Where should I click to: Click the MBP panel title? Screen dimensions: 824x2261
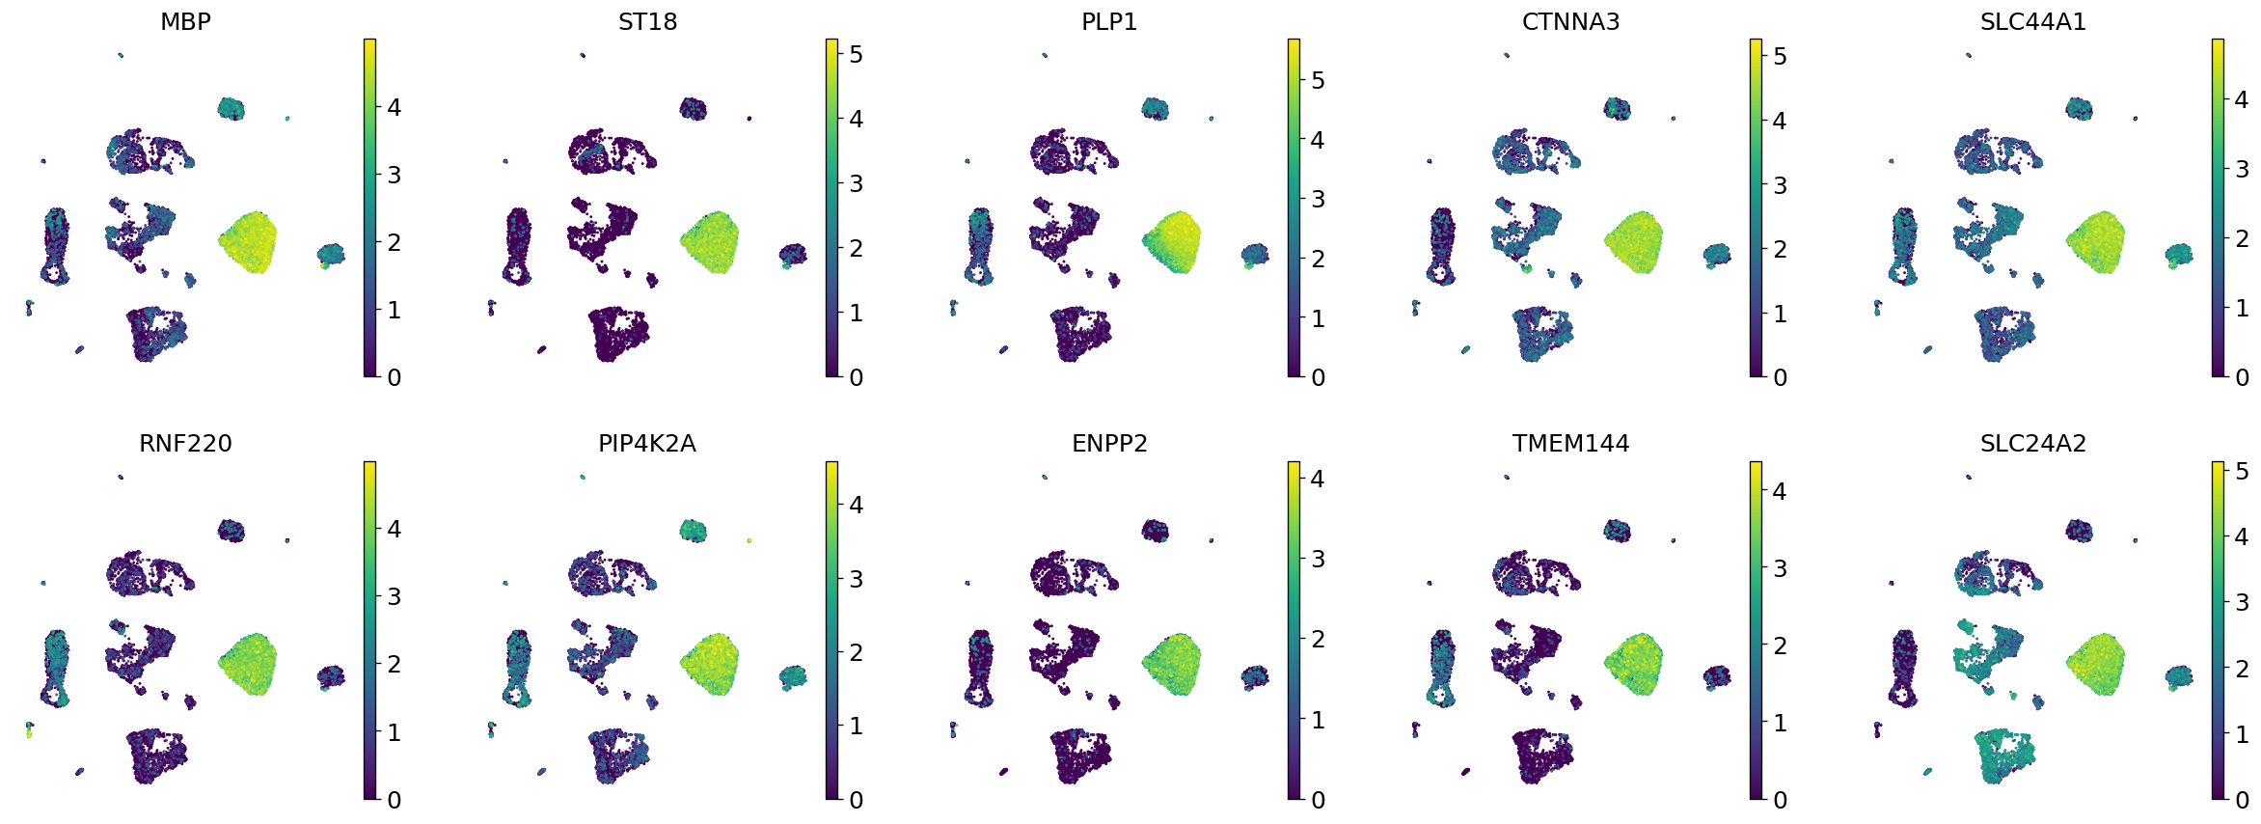click(x=185, y=21)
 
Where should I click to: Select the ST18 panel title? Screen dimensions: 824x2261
click(x=647, y=21)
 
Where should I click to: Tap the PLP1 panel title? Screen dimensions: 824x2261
click(x=1109, y=21)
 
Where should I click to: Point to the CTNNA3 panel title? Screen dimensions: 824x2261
click(x=1570, y=21)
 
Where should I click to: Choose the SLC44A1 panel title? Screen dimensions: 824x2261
click(x=2032, y=21)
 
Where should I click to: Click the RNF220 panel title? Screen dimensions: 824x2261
click(x=185, y=444)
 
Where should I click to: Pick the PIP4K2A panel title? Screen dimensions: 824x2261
click(x=647, y=444)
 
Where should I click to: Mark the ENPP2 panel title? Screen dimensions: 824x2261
click(x=1109, y=444)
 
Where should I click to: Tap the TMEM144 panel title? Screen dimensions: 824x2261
click(x=1570, y=444)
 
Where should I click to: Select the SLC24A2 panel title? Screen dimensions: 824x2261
click(x=2032, y=444)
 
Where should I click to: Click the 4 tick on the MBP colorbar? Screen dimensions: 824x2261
click(x=394, y=107)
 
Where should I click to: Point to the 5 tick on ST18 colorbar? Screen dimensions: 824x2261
click(x=856, y=55)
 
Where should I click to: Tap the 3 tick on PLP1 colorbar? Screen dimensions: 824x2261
click(x=1318, y=199)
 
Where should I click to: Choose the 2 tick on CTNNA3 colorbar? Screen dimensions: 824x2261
click(x=1780, y=249)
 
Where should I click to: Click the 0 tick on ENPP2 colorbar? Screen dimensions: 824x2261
click(x=1318, y=800)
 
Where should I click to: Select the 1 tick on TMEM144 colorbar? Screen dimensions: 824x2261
click(x=1780, y=723)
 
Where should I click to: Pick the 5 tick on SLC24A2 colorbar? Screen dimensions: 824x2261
click(x=2242, y=472)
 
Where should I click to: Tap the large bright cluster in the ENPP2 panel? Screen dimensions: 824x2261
click(x=1172, y=664)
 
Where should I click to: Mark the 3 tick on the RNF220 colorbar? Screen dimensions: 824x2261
click(x=394, y=597)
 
